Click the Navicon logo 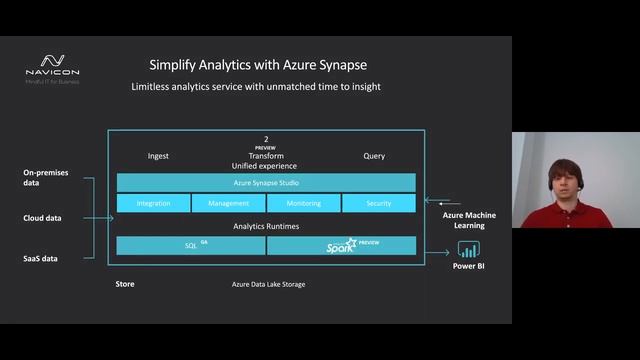pyautogui.click(x=52, y=66)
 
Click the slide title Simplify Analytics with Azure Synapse pyautogui.click(x=258, y=65)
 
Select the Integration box pyautogui.click(x=153, y=203)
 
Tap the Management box pyautogui.click(x=228, y=203)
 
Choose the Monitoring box pyautogui.click(x=303, y=203)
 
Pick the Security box pyautogui.click(x=378, y=203)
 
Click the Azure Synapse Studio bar pyautogui.click(x=266, y=183)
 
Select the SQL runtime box pyautogui.click(x=191, y=245)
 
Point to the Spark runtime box pyautogui.click(x=342, y=245)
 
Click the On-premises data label pyautogui.click(x=45, y=178)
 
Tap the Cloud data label pyautogui.click(x=42, y=218)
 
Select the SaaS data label pyautogui.click(x=41, y=259)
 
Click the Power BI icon pyautogui.click(x=468, y=249)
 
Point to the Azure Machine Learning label pyautogui.click(x=470, y=221)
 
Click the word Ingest pyautogui.click(x=158, y=156)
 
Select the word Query pyautogui.click(x=374, y=156)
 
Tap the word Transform pyautogui.click(x=266, y=156)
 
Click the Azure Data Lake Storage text pyautogui.click(x=268, y=285)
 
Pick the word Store pyautogui.click(x=125, y=284)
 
